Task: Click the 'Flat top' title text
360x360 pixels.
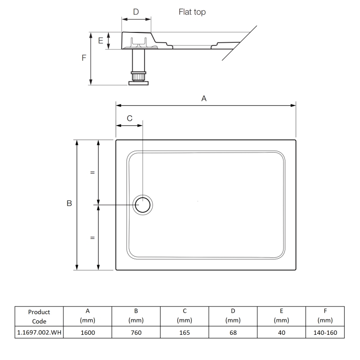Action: pyautogui.click(x=192, y=12)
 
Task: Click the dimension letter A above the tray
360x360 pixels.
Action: pyautogui.click(x=204, y=98)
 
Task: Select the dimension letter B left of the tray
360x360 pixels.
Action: pyautogui.click(x=69, y=204)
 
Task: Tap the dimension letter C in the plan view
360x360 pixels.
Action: pyautogui.click(x=129, y=118)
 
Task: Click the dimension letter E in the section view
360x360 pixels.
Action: pyautogui.click(x=101, y=40)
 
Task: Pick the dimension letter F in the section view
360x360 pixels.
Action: pyautogui.click(x=84, y=58)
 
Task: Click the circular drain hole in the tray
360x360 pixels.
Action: pyautogui.click(x=143, y=205)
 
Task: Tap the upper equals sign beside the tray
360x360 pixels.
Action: pyautogui.click(x=92, y=172)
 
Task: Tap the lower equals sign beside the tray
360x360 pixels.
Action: pyautogui.click(x=92, y=238)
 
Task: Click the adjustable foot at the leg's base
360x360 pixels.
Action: pyautogui.click(x=138, y=82)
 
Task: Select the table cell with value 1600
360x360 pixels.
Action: pyautogui.click(x=88, y=333)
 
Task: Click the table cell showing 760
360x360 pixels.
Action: pyautogui.click(x=136, y=333)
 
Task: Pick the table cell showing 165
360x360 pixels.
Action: pyautogui.click(x=184, y=333)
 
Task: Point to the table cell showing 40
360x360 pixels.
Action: pyautogui.click(x=281, y=333)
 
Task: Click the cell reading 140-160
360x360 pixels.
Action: pyautogui.click(x=325, y=333)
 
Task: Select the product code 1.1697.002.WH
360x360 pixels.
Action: pyautogui.click(x=39, y=333)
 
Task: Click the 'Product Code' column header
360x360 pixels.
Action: pyautogui.click(x=39, y=316)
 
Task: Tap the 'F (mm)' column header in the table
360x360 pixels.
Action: pyautogui.click(x=325, y=316)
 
